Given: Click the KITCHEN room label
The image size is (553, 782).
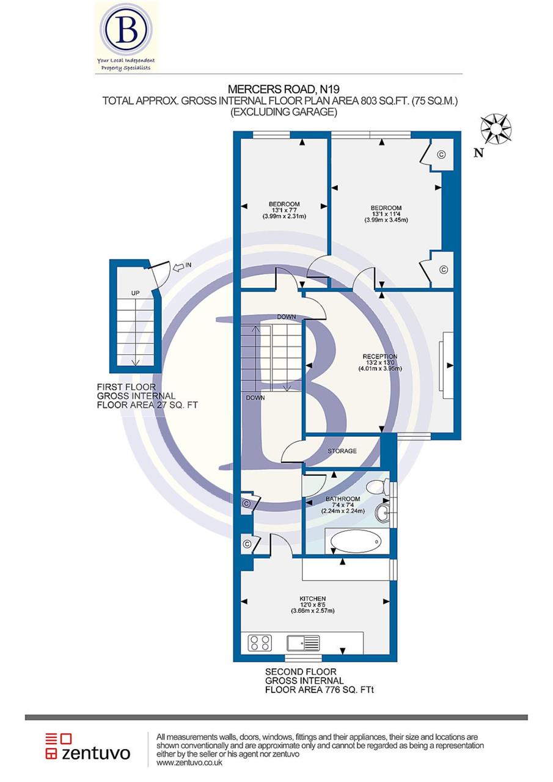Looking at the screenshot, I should [312, 598].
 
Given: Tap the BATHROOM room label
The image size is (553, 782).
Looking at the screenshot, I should [342, 499].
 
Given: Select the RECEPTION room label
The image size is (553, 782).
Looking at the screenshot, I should [379, 357].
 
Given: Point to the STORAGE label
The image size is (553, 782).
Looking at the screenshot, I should [342, 451].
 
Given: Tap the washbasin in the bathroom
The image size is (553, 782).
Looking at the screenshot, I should [383, 512].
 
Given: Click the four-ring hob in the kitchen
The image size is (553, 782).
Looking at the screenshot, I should [260, 643].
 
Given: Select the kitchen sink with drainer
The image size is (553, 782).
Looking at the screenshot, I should [303, 643].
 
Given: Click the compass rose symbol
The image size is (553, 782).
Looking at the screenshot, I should [496, 129].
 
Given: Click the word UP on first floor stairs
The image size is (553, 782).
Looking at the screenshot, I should [136, 293].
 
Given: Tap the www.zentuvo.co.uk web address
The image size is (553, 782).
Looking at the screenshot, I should [189, 763].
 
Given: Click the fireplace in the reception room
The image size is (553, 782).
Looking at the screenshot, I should [447, 365].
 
